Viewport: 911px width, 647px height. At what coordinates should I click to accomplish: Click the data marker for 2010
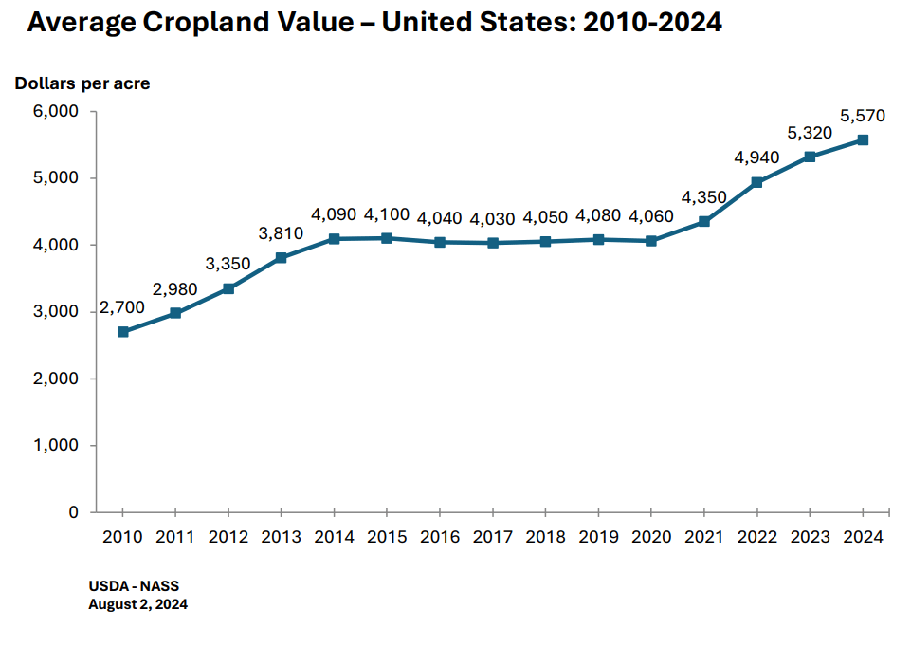click(x=123, y=332)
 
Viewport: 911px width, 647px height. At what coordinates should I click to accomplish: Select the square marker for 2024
click(x=863, y=139)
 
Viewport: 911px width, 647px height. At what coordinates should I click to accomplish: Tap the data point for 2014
click(x=335, y=239)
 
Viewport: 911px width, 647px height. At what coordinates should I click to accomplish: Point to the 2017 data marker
click(x=493, y=243)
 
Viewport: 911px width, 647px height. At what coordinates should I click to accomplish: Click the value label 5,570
click(x=863, y=116)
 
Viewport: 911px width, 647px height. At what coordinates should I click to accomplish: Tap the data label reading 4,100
click(x=387, y=214)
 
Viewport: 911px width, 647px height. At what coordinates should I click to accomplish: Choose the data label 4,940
click(x=756, y=157)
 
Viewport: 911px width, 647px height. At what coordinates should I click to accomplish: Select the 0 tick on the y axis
click(x=73, y=512)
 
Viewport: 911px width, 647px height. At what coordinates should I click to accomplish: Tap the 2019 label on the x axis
click(x=598, y=537)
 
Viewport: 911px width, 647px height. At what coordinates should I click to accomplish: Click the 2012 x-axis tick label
click(x=228, y=537)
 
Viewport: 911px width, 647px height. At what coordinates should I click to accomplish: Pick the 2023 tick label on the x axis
click(x=810, y=537)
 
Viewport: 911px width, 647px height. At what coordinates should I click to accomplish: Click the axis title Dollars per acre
click(x=82, y=83)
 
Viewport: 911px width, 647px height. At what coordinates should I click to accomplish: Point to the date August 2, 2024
click(x=138, y=603)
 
